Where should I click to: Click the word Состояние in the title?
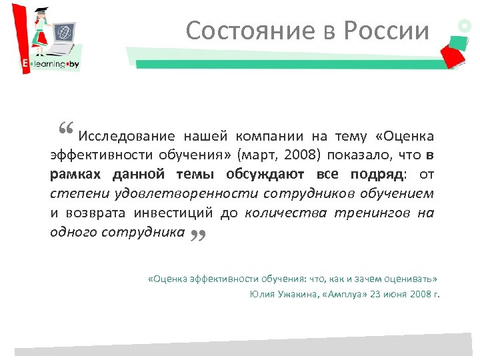(231, 31)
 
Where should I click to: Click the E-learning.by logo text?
(47, 65)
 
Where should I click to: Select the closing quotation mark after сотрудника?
(197, 234)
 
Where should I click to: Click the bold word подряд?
(377, 175)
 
